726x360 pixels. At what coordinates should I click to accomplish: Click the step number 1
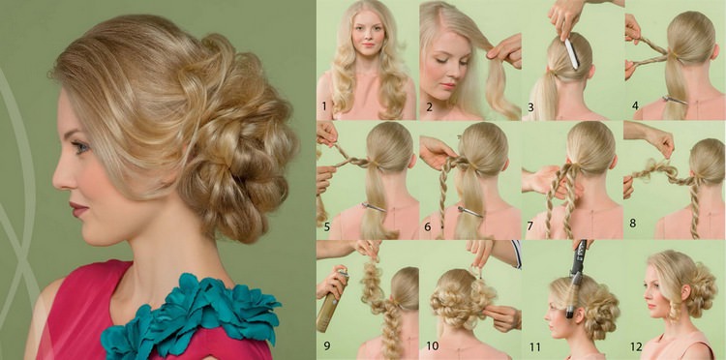tap(324, 106)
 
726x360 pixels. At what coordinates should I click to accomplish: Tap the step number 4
tap(635, 106)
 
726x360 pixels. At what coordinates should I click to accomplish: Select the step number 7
tap(529, 226)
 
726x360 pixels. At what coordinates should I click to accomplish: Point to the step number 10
tap(432, 345)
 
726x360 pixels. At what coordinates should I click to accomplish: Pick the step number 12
tap(636, 345)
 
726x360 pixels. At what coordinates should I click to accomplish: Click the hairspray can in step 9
tap(331, 301)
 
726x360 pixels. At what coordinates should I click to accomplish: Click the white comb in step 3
tap(571, 53)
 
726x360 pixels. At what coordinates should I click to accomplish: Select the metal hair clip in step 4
tap(675, 99)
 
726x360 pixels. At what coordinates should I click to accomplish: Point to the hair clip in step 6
tap(469, 212)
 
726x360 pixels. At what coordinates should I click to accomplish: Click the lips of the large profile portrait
tap(77, 209)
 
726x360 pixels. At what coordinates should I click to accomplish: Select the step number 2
tap(429, 106)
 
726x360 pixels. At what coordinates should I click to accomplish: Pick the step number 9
tap(327, 345)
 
